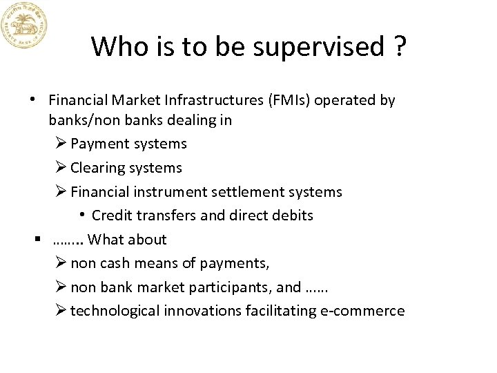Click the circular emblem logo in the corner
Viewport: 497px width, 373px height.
23,24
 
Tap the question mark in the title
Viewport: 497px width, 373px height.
399,47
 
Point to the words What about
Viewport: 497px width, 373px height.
127,240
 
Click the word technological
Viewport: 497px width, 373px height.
115,311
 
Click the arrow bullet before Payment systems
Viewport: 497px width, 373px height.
60,144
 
